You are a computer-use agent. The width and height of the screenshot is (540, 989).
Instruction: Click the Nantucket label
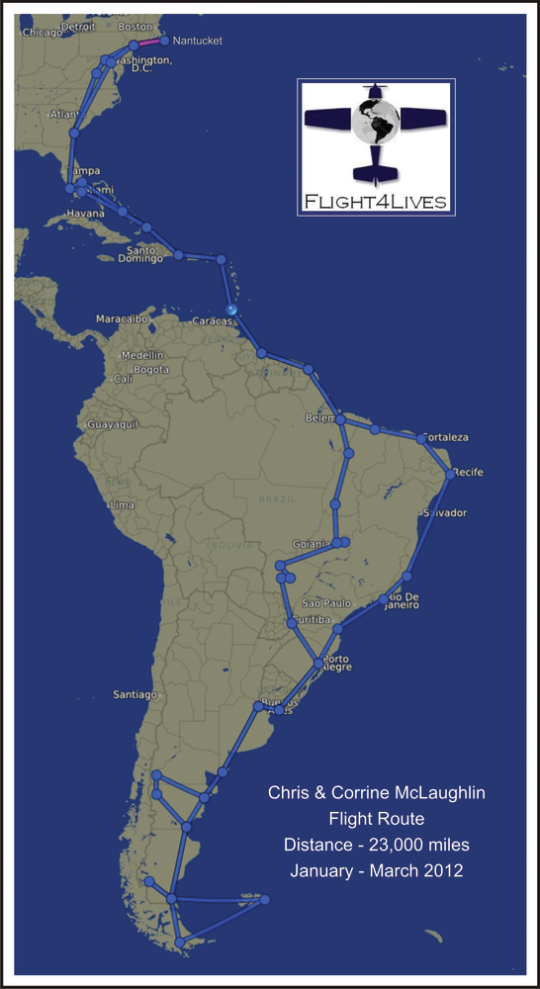tap(198, 42)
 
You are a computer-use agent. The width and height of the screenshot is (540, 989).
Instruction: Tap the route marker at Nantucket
tap(164, 41)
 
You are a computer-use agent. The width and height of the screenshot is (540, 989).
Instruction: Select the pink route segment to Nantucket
tap(148, 43)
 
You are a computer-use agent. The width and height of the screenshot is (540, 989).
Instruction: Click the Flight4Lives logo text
tap(376, 203)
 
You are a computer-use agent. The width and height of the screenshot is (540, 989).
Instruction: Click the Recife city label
tap(469, 473)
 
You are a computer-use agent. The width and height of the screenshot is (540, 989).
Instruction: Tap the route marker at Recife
tap(451, 475)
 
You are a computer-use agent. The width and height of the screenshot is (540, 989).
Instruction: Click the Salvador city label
tap(444, 513)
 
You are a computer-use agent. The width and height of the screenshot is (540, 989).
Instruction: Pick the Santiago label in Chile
tap(135, 694)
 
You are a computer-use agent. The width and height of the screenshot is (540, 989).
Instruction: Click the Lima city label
tap(121, 504)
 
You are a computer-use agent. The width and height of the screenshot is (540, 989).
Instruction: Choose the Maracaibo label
tap(122, 319)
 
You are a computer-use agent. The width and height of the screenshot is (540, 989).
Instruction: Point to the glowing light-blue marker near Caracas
tap(231, 310)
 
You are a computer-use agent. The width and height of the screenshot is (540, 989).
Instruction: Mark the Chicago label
tap(42, 32)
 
